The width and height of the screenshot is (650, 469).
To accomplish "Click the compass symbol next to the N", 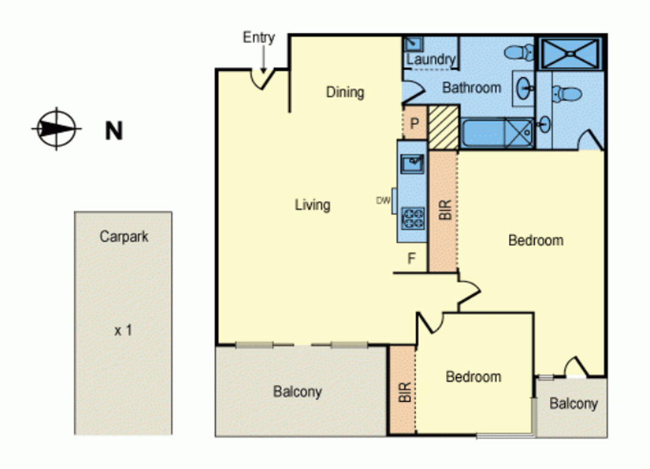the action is pos(56,129).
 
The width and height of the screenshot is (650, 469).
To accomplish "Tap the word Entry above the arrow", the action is pos(259,38).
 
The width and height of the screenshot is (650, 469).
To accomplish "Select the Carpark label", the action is pos(124,237).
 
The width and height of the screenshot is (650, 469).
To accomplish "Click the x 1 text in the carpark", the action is pos(123,331).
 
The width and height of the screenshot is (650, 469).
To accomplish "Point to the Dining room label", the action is pos(345,92).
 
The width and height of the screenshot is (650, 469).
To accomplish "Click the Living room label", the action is pos(313,205).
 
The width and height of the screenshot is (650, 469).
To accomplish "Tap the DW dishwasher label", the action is pos(383,201).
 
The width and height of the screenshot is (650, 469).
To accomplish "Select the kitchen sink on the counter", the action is pos(412,163).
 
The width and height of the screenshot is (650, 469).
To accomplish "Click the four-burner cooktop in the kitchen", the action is pos(412,218).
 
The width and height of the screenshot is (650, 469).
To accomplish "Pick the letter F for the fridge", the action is pos(411,259).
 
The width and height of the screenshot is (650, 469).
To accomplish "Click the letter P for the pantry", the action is pos(414,123).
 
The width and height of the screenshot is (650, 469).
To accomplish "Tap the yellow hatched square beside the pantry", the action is pos(443,127).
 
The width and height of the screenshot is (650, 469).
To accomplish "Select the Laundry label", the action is pos(430,59).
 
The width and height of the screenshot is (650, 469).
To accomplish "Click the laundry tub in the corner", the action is pos(413,43).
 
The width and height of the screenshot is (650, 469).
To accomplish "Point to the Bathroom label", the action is pos(471,88).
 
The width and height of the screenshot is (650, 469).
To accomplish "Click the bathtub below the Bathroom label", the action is pos(497,134).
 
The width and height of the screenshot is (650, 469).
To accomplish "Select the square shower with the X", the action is pos(570,54).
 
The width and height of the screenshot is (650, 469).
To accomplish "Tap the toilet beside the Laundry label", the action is pos(520,52).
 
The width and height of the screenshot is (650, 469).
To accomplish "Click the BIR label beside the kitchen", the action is pos(445,210).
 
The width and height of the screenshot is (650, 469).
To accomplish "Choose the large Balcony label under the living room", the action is pos(297,392).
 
